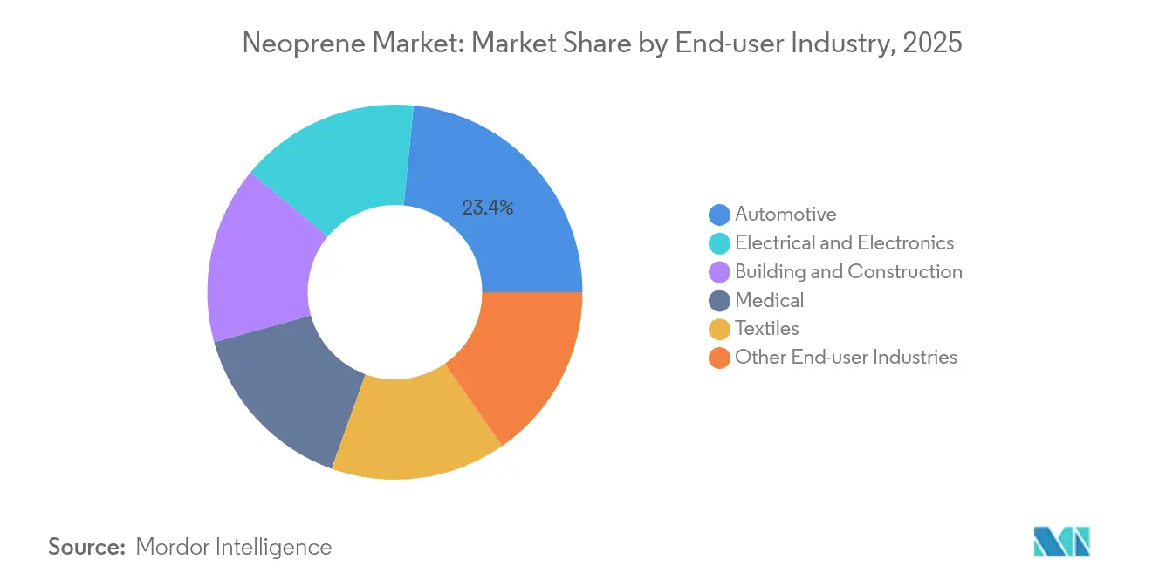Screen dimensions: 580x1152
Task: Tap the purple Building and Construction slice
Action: coord(257,262)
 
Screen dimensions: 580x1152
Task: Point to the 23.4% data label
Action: coord(487,208)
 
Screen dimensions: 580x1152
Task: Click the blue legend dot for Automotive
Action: coord(720,215)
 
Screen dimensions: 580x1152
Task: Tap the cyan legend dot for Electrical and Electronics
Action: coord(720,243)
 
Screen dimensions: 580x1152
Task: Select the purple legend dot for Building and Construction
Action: coord(720,272)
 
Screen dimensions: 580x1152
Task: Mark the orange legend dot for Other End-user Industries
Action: coord(720,358)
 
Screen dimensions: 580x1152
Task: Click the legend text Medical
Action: coord(769,300)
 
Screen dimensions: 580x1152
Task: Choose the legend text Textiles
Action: coord(766,329)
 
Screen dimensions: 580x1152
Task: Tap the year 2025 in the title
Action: coord(933,44)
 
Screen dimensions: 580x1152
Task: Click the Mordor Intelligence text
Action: coord(234,547)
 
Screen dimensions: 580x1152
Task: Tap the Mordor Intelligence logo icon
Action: coord(1061,542)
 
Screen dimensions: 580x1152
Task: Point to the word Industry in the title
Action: coord(841,44)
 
